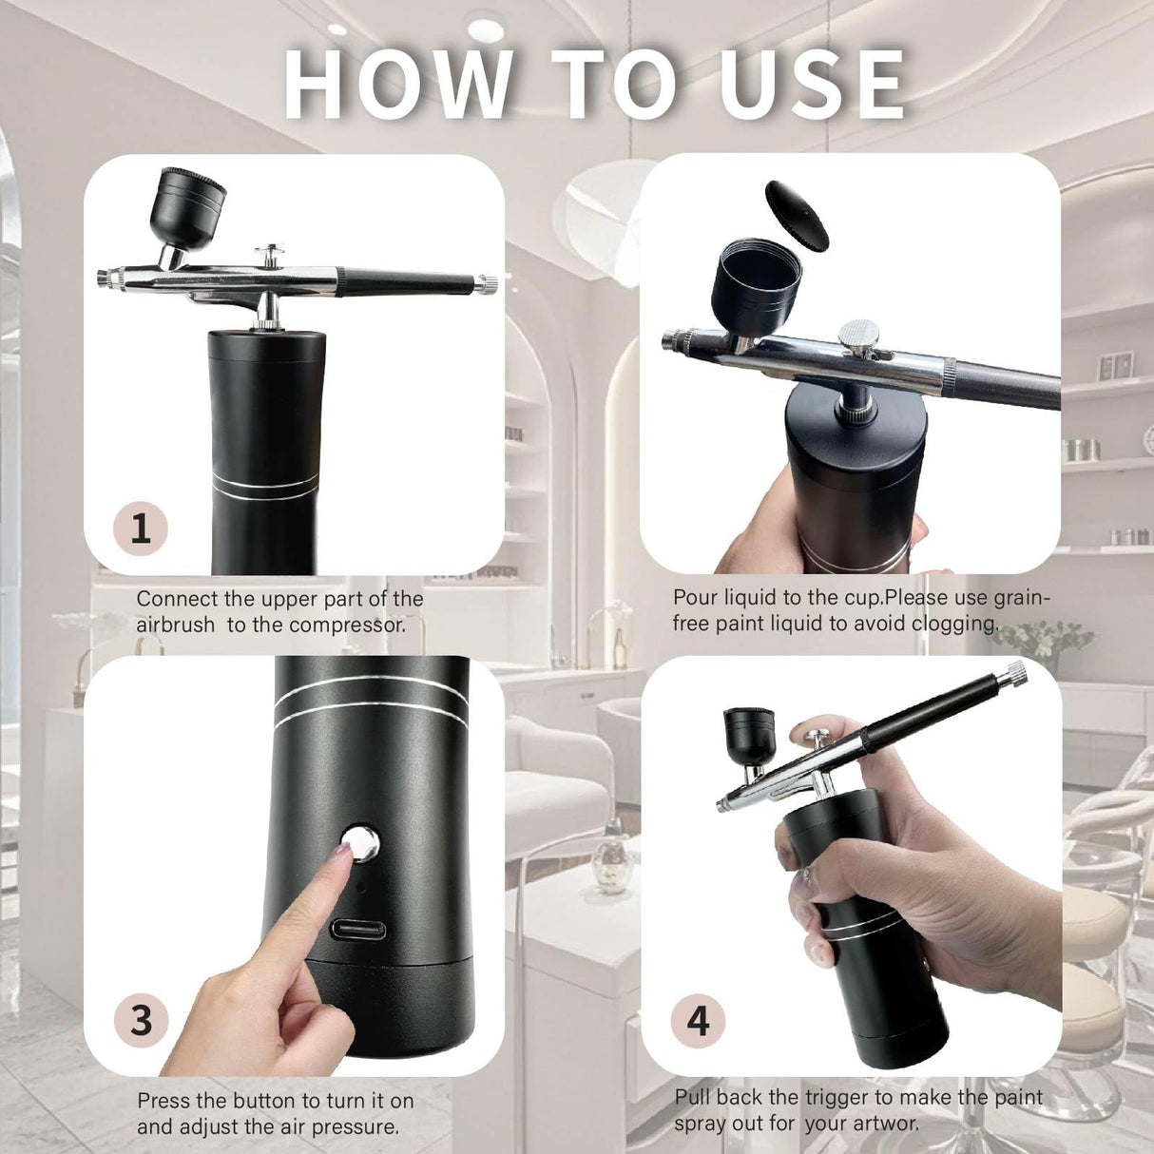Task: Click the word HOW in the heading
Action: coord(399,84)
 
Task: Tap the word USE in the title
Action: coord(811,84)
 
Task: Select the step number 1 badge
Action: coord(141,528)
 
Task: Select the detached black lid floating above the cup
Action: coord(797,215)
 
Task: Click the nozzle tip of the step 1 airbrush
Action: coord(103,278)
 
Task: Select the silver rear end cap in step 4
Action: coord(1017,673)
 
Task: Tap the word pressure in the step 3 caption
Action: coord(356,1127)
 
